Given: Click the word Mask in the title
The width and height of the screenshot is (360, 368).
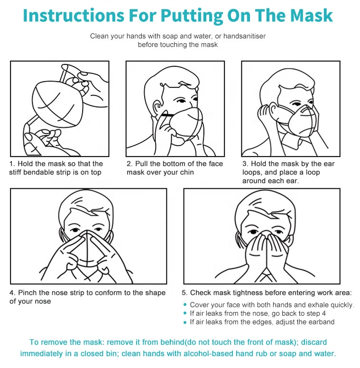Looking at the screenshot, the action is click(312, 15).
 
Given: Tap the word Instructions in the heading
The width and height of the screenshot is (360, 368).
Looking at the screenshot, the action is click(74, 15).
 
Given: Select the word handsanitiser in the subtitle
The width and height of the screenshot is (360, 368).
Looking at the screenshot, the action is click(244, 36).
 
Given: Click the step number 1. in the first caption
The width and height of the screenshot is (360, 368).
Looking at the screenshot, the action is click(12, 164).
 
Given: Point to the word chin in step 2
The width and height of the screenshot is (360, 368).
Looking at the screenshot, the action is click(187, 172).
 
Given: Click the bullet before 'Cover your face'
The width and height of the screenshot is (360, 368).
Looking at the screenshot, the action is click(185, 304).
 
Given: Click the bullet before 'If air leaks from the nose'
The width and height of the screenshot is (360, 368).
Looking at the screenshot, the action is click(185, 313).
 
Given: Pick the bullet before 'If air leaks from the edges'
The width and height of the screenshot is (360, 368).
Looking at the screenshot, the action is click(185, 322).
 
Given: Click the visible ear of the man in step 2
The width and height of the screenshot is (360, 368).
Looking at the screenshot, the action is click(157, 109).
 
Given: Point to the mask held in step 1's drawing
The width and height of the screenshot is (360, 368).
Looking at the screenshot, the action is click(57, 104).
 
